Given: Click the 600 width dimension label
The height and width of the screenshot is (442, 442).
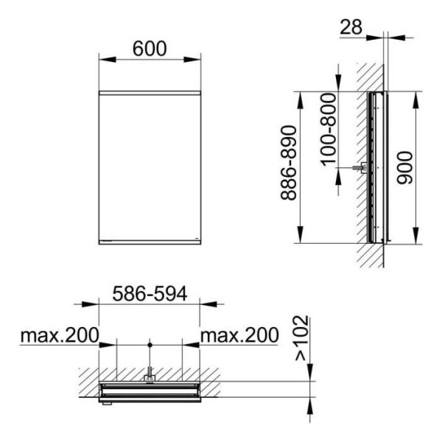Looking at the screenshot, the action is (150, 49).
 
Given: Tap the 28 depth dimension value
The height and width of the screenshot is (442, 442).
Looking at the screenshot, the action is (351, 27).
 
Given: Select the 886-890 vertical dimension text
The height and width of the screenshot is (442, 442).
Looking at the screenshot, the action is (289, 163).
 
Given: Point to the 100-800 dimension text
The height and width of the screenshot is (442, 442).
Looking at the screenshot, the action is (329, 130).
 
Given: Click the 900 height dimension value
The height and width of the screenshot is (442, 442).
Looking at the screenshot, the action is (404, 168).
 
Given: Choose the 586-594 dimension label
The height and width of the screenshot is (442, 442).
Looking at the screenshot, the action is (150, 293).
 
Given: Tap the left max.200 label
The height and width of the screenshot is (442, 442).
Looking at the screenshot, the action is (60, 335).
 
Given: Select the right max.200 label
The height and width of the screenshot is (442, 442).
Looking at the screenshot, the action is (239, 335).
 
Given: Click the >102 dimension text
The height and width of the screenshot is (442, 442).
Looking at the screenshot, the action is (301, 338).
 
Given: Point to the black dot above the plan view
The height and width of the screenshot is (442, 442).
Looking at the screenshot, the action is (150, 345).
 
